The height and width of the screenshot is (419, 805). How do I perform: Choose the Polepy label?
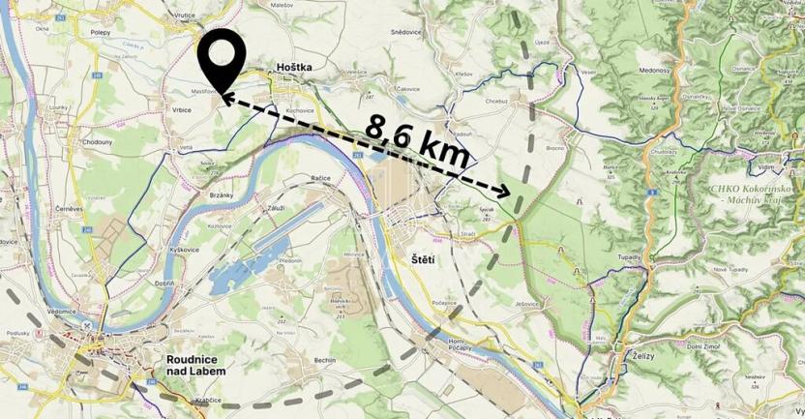pyautogui.click(x=100, y=32)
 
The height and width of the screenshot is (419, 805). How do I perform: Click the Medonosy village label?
pyautogui.click(x=653, y=71)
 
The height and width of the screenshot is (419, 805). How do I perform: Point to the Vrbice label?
pyautogui.click(x=182, y=110)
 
